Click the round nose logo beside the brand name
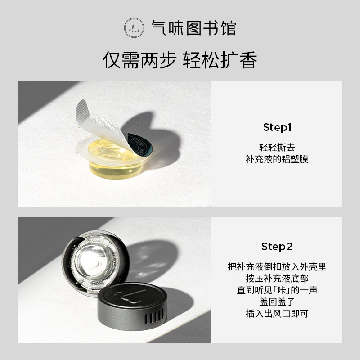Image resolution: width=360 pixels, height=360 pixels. click(x=133, y=28)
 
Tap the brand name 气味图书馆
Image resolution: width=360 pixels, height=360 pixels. click(x=194, y=28)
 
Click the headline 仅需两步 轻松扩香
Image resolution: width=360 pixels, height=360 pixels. click(x=180, y=60)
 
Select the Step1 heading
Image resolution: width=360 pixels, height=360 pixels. click(x=277, y=127)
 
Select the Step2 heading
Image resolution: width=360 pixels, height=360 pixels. click(x=277, y=247)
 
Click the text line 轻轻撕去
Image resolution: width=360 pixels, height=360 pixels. click(x=277, y=147)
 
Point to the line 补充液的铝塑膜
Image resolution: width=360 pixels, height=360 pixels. click(x=277, y=159)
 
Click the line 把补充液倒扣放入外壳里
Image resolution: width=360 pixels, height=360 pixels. click(x=277, y=266)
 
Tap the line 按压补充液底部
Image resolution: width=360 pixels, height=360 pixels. click(x=277, y=278)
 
